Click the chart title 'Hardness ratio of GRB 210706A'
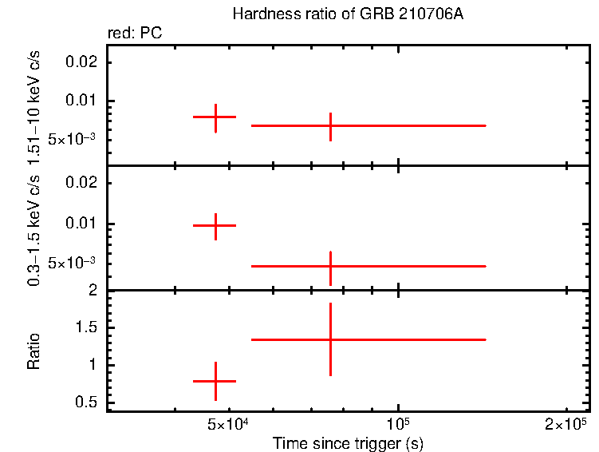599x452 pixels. click(x=346, y=14)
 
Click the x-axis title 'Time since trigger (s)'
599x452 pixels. click(x=347, y=442)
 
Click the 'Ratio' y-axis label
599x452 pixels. click(x=34, y=351)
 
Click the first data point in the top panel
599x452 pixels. click(x=215, y=117)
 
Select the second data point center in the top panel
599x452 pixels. click(x=330, y=125)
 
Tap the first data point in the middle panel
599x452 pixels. click(x=215, y=226)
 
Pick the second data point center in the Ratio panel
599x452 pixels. click(x=330, y=339)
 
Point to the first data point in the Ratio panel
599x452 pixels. click(x=215, y=382)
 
